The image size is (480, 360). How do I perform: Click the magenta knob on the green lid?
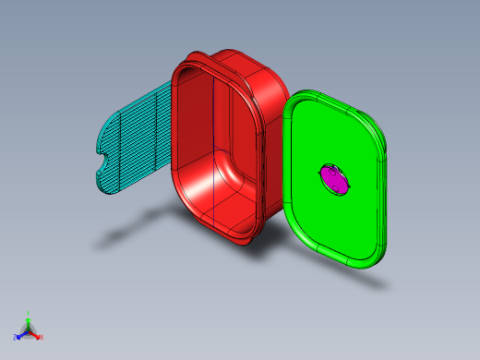(x=335, y=179)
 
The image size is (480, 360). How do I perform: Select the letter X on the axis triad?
(x=42, y=337)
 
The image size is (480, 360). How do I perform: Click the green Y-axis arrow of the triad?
(x=29, y=322)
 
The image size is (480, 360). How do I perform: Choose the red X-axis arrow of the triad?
(x=35, y=334)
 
